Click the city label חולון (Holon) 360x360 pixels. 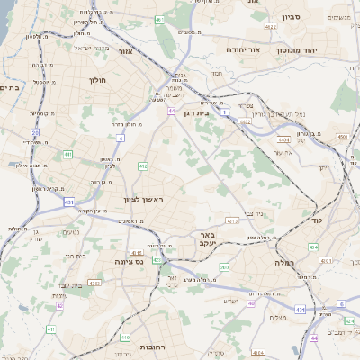click(x=97, y=80)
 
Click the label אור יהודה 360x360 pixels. click(x=243, y=49)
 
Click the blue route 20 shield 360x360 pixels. click(x=35, y=132)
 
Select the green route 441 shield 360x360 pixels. click(x=67, y=155)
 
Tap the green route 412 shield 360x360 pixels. click(x=143, y=166)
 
